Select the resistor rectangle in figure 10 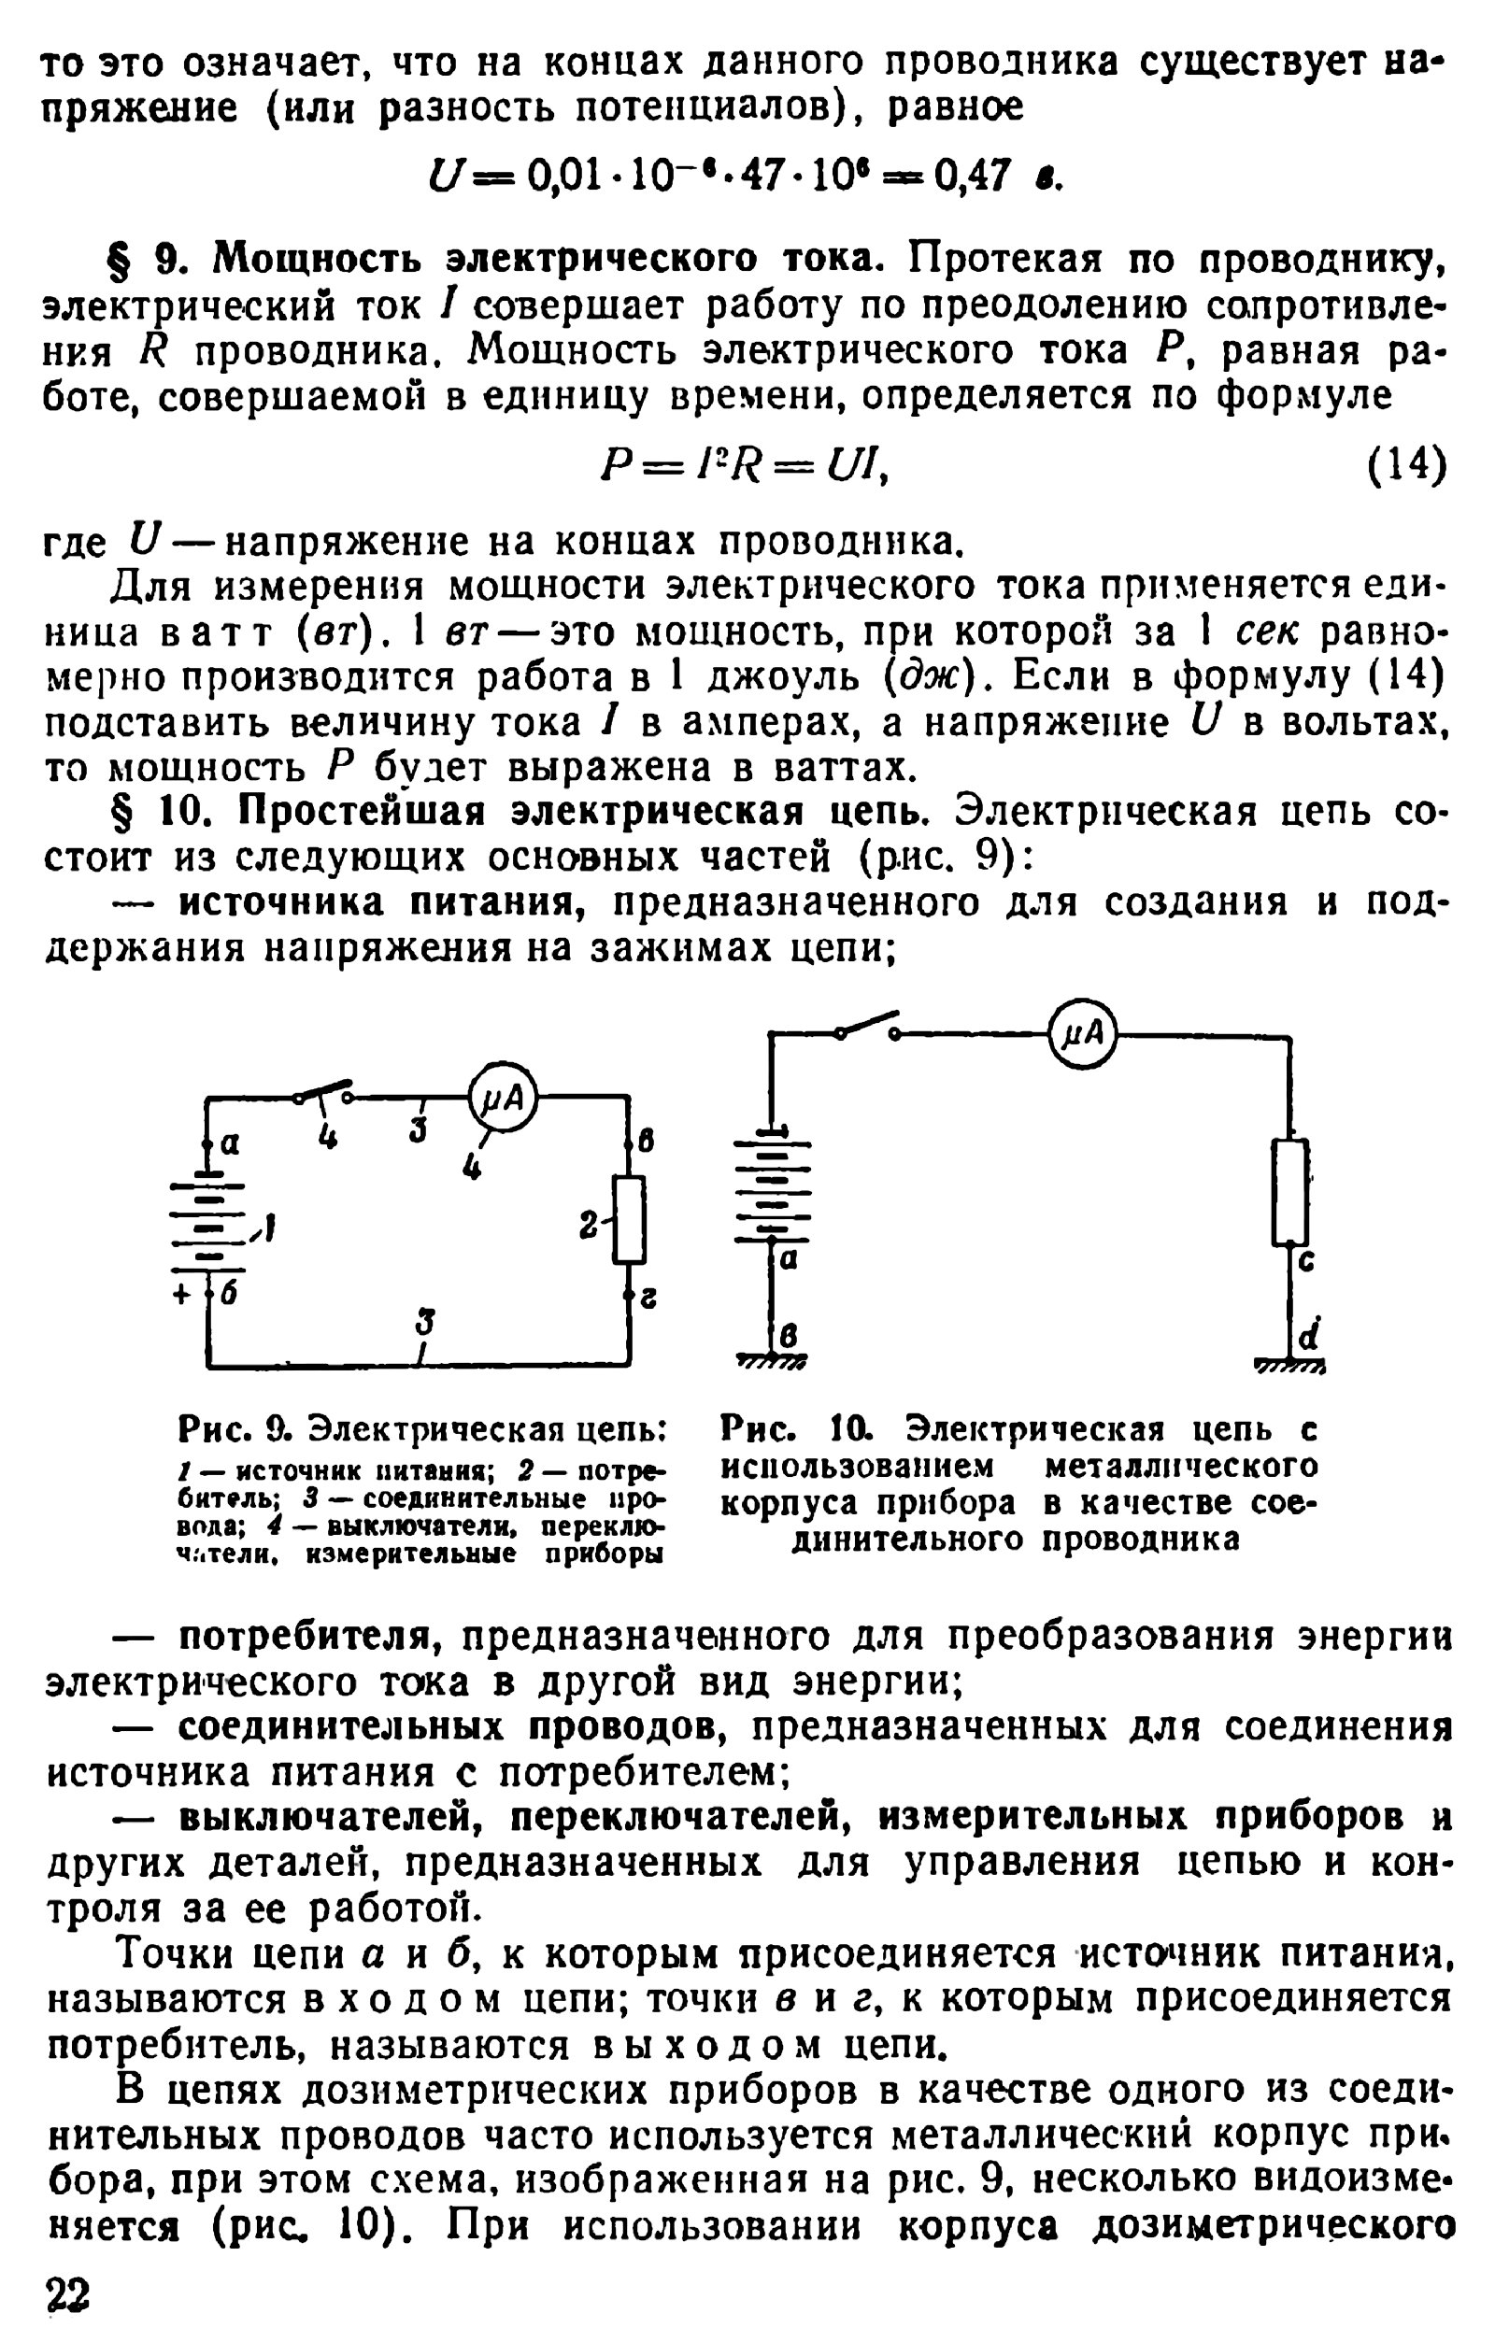coord(1289,1191)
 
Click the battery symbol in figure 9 coord(208,1226)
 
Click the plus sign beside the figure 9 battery coord(182,1296)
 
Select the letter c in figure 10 coord(1306,1261)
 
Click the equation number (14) coord(1406,464)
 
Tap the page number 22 coord(67,2294)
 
